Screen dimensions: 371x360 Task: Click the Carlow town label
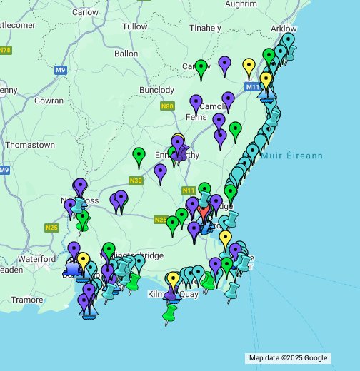click(86, 12)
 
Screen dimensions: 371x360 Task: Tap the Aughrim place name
click(221, 4)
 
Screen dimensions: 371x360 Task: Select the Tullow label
click(134, 26)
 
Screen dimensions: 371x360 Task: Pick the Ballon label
click(126, 54)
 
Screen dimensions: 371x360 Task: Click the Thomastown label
click(30, 145)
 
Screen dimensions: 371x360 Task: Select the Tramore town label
click(26, 300)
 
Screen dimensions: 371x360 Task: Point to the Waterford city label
click(37, 258)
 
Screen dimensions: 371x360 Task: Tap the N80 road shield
click(167, 106)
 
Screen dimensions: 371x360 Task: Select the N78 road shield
click(6, 50)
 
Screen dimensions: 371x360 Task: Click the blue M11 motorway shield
click(253, 87)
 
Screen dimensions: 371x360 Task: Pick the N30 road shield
click(136, 181)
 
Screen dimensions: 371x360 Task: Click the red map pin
click(204, 211)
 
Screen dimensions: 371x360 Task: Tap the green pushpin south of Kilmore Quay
click(169, 314)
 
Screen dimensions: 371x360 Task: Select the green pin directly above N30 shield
click(139, 156)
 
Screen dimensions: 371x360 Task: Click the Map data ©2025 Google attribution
click(288, 358)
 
